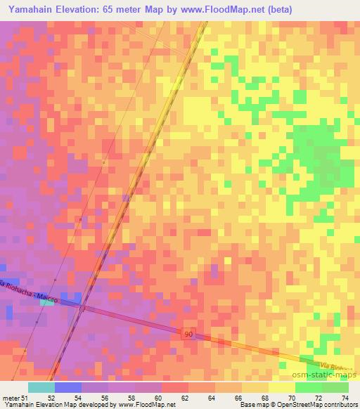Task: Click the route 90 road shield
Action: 188,334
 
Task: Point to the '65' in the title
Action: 111,10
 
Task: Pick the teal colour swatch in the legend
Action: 41,387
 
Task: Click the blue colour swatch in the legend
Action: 68,387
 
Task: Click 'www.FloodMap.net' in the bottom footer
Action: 150,405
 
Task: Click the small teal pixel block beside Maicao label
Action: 47,303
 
